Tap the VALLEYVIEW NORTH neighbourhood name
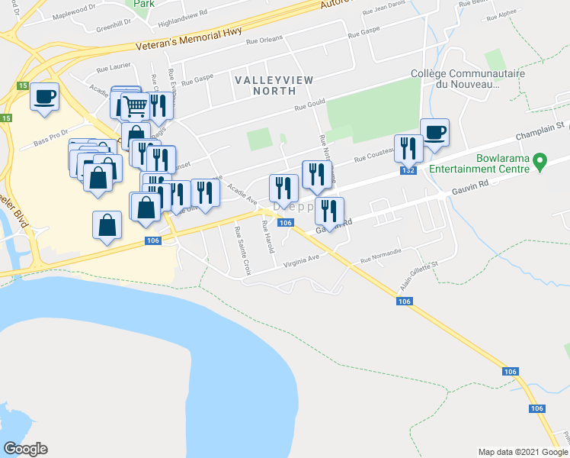(x=264, y=85)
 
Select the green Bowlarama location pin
(x=540, y=161)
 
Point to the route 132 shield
(x=408, y=171)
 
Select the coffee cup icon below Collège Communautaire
(x=435, y=132)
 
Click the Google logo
(x=25, y=449)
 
